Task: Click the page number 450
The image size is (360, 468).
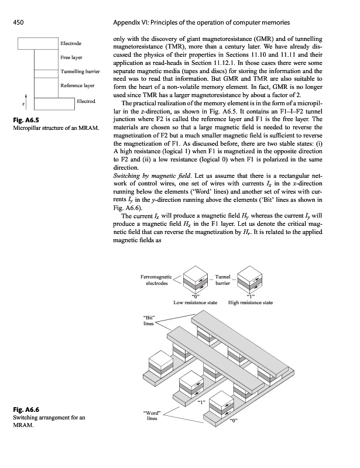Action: click(18, 23)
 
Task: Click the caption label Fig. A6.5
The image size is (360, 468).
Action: click(24, 121)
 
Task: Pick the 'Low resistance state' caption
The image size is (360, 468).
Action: click(196, 302)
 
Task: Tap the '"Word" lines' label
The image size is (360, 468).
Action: click(152, 417)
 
